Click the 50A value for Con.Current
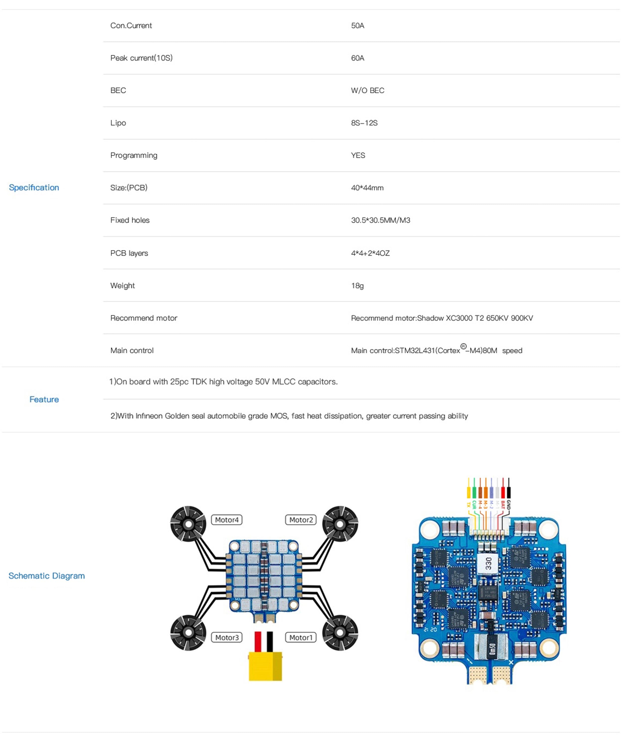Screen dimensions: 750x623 coord(357,26)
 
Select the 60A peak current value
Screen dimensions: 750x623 coord(357,58)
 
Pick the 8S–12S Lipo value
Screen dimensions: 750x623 coord(364,123)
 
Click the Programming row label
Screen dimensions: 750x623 coord(134,155)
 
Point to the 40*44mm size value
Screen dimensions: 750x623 coord(367,188)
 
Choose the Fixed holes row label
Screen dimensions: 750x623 coord(130,220)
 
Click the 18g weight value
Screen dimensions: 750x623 coord(357,286)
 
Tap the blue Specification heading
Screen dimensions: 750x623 coord(34,187)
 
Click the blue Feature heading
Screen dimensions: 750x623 coord(44,399)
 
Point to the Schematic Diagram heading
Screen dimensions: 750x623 coord(46,576)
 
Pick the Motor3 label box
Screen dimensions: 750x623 coord(227,638)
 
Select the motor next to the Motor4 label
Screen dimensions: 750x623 coord(188,524)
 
